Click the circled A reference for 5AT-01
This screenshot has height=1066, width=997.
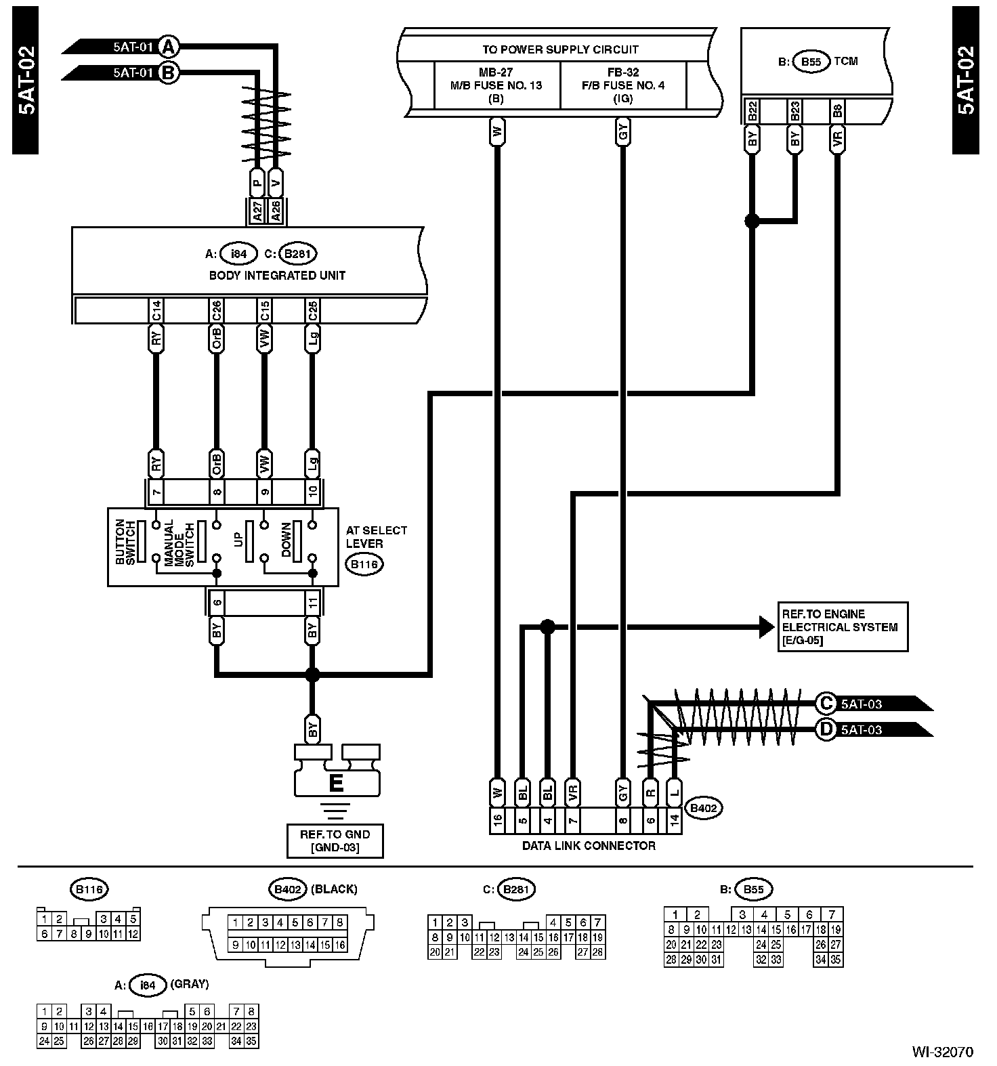[169, 47]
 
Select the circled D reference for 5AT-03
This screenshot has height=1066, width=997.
[826, 730]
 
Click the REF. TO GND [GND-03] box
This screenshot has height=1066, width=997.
[335, 840]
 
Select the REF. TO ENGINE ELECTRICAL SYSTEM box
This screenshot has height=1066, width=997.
[843, 626]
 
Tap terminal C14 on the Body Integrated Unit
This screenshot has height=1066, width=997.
[156, 311]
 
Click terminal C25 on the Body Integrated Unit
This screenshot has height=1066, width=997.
[312, 311]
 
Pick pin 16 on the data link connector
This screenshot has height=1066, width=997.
[498, 821]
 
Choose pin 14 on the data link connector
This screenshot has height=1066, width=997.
[674, 821]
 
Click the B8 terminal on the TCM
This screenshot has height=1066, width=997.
[838, 112]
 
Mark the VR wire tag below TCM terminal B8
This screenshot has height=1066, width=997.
[838, 140]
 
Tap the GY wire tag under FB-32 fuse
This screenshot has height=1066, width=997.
[623, 133]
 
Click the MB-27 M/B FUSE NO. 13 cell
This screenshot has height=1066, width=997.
[497, 85]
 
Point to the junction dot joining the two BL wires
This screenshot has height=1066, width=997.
[547, 626]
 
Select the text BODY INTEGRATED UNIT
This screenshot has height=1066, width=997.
[277, 275]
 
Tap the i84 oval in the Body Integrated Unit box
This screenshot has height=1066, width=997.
[238, 254]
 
